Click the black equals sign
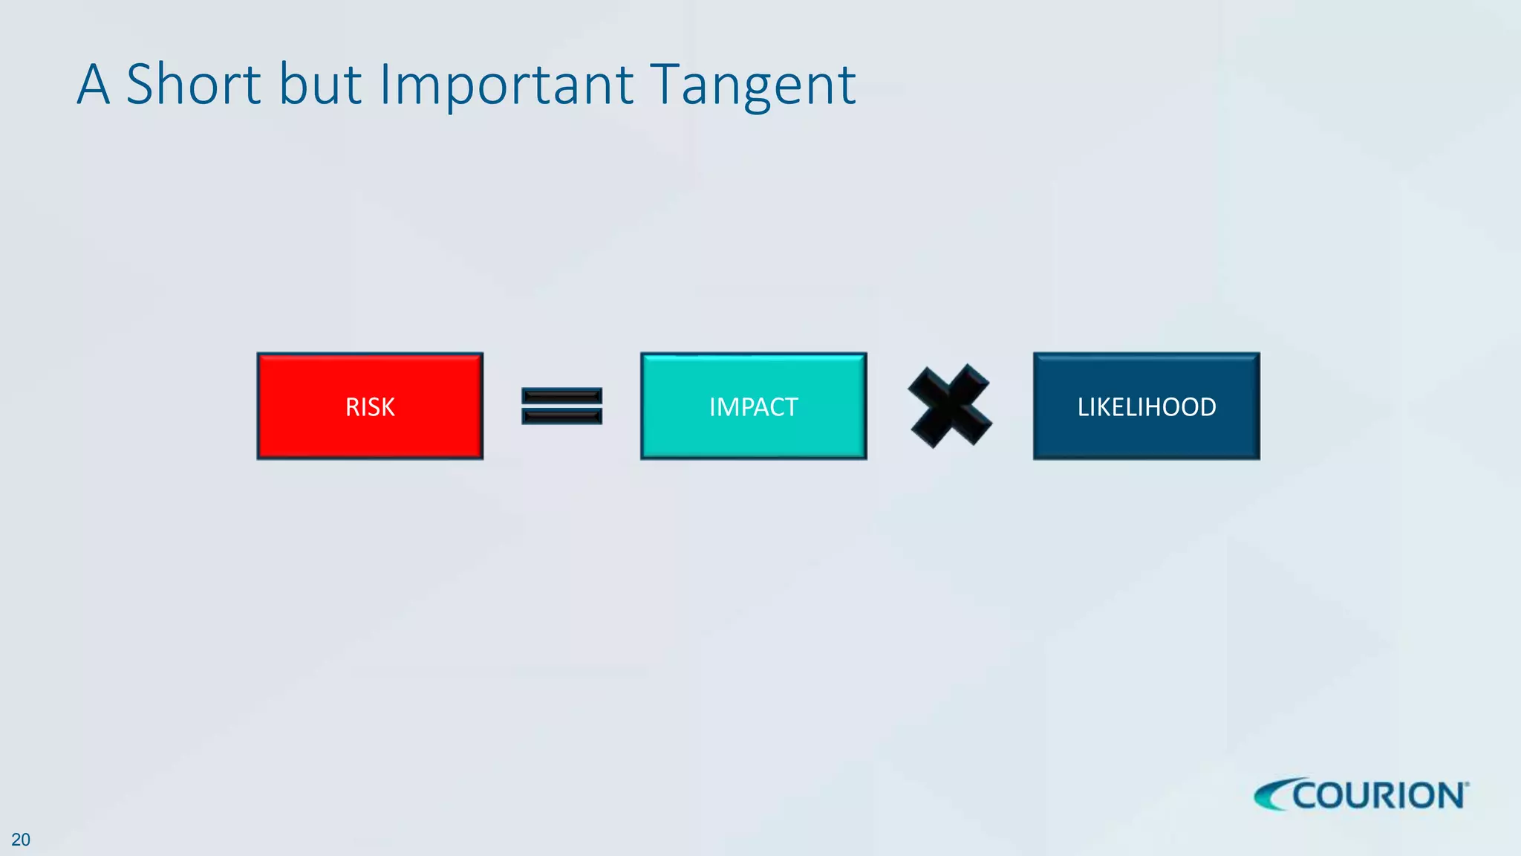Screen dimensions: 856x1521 point(561,406)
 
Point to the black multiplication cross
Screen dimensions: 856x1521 point(950,406)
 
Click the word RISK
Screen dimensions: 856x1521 point(370,407)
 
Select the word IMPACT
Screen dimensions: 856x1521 point(753,407)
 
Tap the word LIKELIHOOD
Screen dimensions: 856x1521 point(1146,407)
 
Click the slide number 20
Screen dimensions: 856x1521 point(21,840)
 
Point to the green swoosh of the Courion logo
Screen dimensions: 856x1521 point(1271,796)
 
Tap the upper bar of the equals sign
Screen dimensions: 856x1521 point(561,397)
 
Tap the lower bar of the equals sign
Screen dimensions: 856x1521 point(561,416)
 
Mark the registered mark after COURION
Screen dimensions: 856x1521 point(1467,783)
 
